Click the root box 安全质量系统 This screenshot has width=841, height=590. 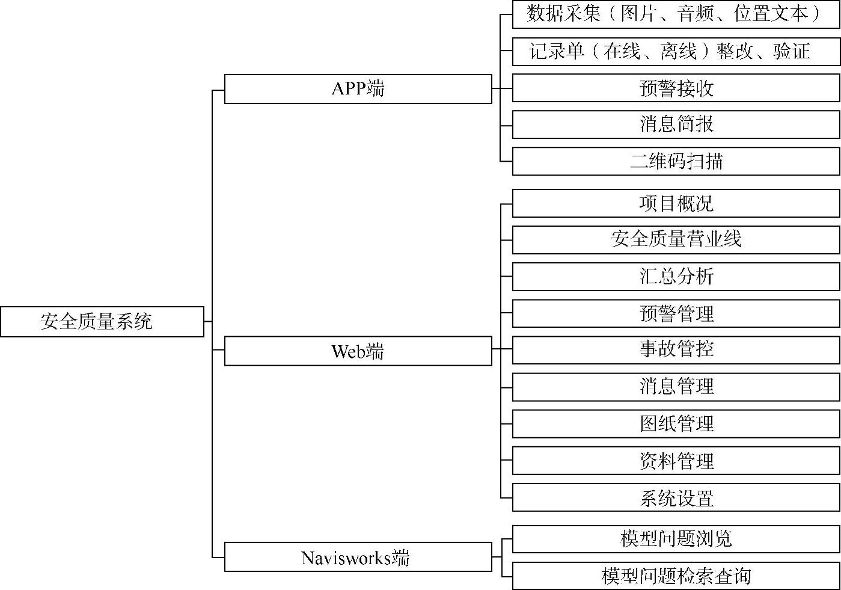pos(102,322)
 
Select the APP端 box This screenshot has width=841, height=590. pos(358,89)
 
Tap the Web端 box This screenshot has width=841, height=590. pos(358,351)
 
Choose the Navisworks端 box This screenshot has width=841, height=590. pos(358,558)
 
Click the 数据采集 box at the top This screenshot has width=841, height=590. pos(676,14)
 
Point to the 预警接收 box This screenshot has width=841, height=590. pos(676,88)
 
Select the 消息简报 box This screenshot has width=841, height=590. pos(676,124)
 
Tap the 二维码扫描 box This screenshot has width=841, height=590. pos(676,161)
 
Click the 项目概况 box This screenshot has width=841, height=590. pos(676,203)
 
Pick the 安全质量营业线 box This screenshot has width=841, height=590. pos(676,239)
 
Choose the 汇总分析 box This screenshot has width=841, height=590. pos(676,277)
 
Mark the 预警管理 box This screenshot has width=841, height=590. pos(676,313)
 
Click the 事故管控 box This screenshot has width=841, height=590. pos(676,349)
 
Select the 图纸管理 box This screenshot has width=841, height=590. pos(676,424)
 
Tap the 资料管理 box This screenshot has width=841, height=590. pos(676,461)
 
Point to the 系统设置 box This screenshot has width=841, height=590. pos(676,499)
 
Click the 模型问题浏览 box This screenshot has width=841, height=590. pos(676,538)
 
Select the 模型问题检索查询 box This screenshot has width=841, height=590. pos(676,576)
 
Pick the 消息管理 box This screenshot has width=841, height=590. pos(676,387)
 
